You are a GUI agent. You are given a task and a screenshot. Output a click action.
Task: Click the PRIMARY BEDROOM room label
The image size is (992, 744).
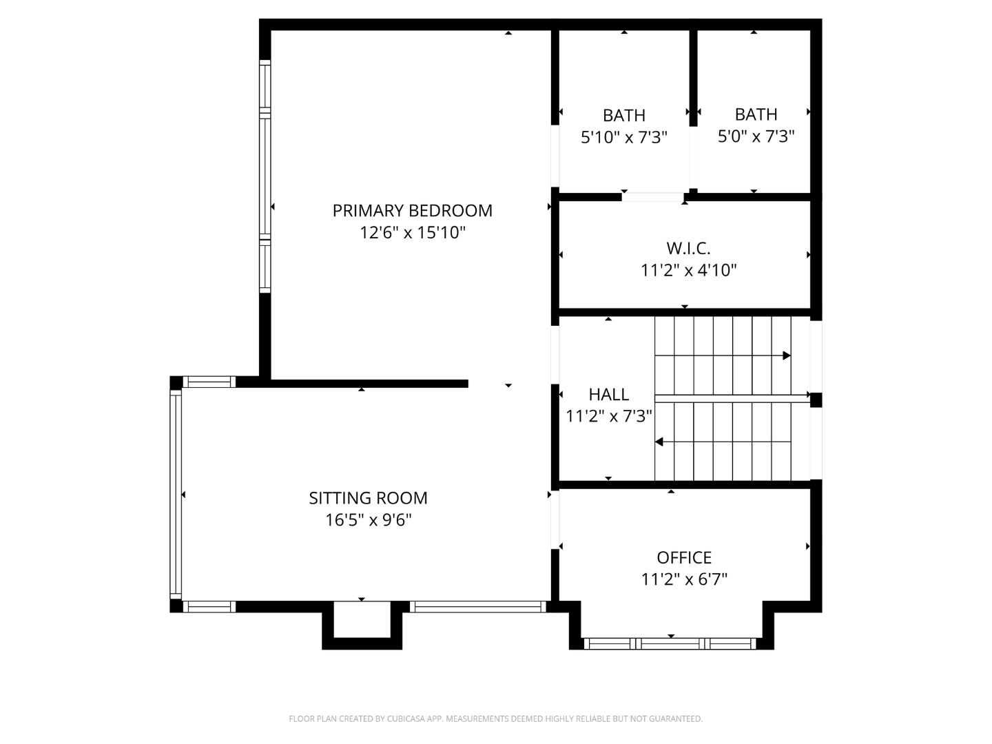(412, 211)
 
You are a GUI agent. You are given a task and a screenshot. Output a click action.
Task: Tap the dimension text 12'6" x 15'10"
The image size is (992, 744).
(412, 233)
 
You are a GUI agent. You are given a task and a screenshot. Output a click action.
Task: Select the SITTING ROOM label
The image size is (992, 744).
(368, 498)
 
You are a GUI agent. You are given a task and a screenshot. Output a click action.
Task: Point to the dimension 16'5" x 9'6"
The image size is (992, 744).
(368, 520)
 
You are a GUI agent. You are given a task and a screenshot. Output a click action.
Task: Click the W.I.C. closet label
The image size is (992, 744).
(688, 248)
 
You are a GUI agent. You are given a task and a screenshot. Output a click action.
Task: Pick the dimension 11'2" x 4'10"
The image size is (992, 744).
(688, 270)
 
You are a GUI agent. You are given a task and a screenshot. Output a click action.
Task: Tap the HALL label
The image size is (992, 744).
(608, 395)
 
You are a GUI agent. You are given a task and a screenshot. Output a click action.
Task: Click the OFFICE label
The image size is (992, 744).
(683, 557)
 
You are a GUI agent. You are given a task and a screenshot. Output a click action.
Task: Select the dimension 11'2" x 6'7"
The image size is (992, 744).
(683, 579)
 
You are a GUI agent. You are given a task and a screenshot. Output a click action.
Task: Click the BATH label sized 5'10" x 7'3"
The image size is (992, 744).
(623, 115)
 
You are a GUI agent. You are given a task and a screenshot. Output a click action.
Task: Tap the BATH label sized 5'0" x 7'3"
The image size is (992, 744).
(756, 114)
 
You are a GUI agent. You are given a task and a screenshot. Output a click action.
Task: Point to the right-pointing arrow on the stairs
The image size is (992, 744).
(786, 356)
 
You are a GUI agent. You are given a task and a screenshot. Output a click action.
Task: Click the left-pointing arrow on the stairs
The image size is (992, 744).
(659, 442)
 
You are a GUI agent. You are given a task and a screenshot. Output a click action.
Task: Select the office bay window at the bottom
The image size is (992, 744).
(670, 644)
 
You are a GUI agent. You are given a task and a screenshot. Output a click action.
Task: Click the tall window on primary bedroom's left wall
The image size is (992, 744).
(265, 176)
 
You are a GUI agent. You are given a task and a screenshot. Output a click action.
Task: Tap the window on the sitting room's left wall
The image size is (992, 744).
(176, 494)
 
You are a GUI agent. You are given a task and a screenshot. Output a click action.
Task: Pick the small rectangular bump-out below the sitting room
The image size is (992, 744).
(362, 623)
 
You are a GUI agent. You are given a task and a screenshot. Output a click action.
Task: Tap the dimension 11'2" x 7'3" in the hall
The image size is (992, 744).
(608, 416)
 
